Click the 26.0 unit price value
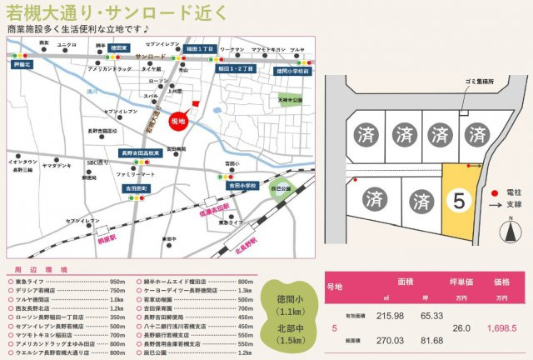pos(461,328)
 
